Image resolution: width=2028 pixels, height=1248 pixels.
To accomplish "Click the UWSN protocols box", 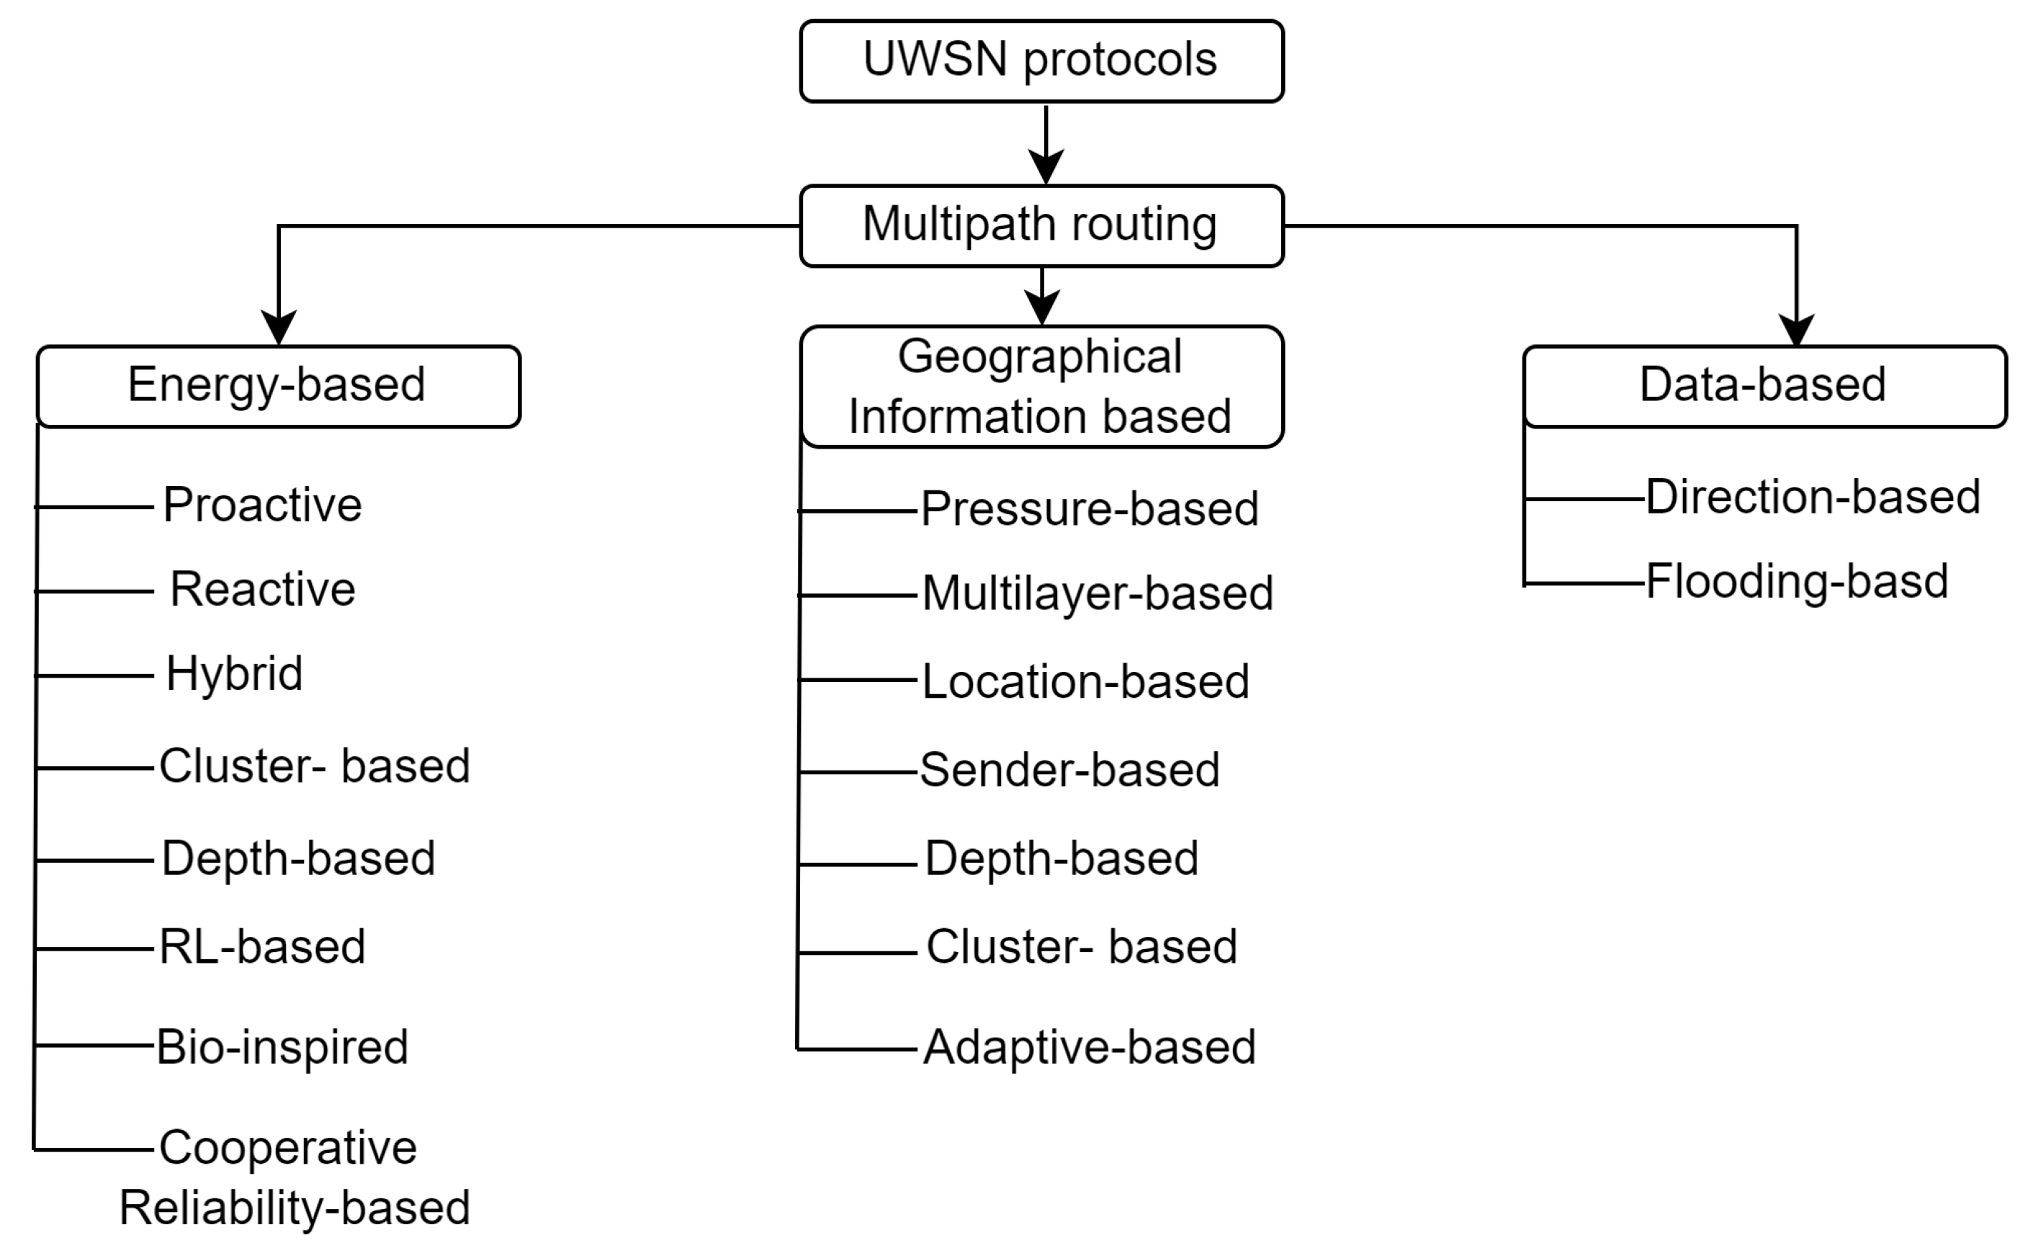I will point(1041,61).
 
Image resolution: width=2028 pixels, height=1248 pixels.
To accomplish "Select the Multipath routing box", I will point(1041,225).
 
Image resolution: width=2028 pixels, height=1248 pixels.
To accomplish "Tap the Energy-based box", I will point(278,385).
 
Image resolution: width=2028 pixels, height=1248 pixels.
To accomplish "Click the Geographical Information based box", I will point(1041,386).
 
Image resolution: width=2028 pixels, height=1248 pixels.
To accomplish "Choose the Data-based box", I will point(1764,385).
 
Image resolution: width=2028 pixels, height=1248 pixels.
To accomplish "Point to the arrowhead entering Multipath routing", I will point(1046,167).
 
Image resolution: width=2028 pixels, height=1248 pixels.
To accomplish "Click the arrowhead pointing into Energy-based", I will point(278,328).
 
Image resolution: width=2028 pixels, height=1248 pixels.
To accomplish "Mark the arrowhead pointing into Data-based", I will point(1797,329).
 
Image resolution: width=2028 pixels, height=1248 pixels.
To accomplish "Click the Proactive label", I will point(262,504).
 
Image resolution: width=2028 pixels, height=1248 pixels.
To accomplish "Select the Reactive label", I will point(262,589).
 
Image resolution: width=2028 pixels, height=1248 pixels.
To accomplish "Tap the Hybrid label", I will point(234,673).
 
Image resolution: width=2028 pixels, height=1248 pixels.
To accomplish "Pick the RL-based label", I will point(262,946).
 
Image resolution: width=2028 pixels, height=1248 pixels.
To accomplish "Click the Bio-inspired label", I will point(282,1046).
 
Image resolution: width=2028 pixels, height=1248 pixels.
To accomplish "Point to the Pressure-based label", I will point(1090,508).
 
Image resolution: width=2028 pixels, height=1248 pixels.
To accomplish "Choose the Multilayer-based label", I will point(1098,593).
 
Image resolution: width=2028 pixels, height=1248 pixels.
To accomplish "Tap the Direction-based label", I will point(1813,497).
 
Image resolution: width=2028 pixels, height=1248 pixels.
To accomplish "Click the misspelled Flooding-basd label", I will point(1797,581).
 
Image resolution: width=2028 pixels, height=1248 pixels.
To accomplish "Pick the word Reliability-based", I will point(295,1208).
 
